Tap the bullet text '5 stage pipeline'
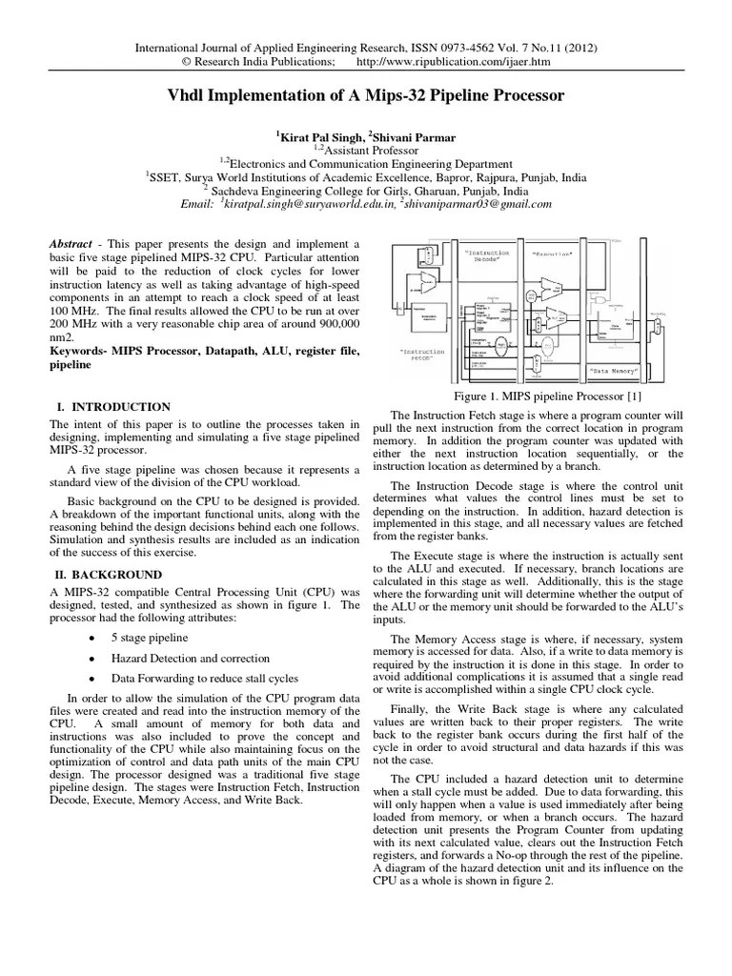point(150,638)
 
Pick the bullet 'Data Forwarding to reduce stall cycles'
point(204,679)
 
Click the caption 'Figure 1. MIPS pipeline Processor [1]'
point(539,396)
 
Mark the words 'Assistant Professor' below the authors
point(370,150)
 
